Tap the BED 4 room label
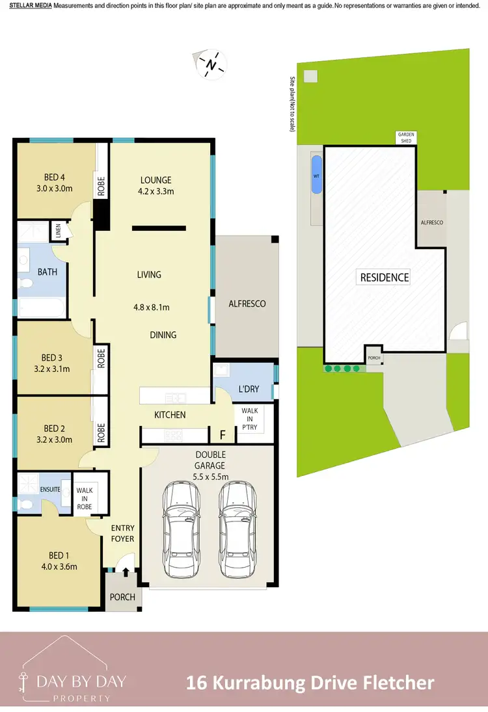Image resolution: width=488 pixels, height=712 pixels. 53,176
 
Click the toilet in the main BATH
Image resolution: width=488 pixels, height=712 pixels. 26,283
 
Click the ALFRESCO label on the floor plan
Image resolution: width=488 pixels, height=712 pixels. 247,304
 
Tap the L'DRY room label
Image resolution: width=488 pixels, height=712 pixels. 249,389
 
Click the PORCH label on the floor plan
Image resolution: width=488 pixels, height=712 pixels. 122,597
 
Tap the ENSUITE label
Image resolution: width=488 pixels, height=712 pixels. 51,489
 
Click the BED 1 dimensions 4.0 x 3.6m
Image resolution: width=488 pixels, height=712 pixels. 58,566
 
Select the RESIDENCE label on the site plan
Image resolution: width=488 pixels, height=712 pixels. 385,278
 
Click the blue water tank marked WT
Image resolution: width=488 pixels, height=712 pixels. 316,175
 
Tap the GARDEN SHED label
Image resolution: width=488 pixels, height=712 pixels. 406,138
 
